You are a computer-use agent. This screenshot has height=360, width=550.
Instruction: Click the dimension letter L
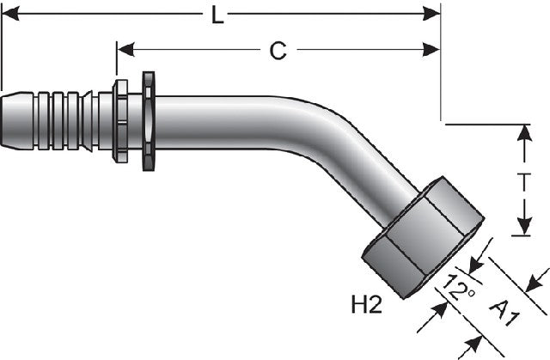(x=217, y=15)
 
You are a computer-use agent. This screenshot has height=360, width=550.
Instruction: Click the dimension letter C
(x=278, y=51)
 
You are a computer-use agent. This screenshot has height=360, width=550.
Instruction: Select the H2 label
(x=367, y=304)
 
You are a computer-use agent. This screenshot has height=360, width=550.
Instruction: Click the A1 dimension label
(x=505, y=313)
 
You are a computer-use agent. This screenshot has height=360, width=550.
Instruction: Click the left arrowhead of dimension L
(x=10, y=14)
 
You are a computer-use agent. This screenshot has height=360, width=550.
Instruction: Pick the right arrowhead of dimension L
(x=431, y=14)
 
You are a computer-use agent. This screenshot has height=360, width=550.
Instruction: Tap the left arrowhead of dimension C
(x=126, y=50)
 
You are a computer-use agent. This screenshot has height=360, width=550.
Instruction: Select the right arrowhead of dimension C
(x=431, y=50)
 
